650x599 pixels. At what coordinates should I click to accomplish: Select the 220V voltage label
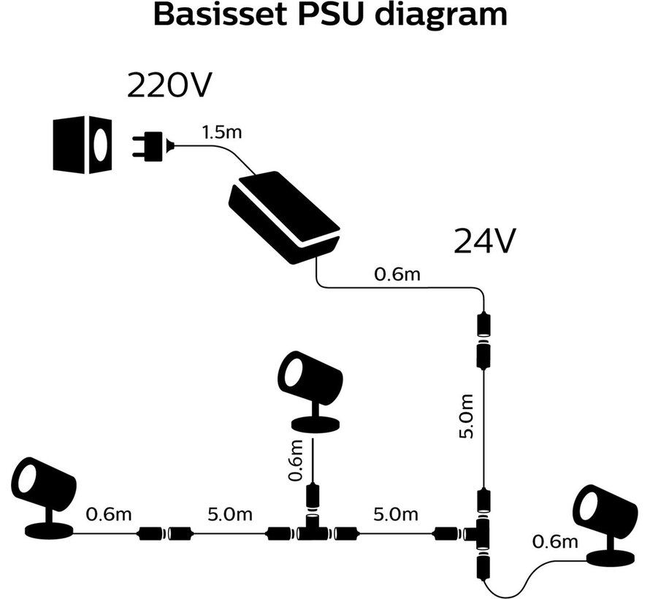169,86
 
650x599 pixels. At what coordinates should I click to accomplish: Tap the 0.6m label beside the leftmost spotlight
109,514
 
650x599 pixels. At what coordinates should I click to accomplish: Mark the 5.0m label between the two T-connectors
396,514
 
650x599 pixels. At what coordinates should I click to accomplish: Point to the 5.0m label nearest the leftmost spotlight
229,514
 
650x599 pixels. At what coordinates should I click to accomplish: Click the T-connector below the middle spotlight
313,531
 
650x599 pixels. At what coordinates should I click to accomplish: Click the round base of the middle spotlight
315,424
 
